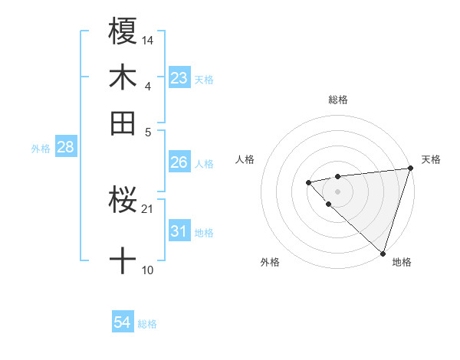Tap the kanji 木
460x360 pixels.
123,78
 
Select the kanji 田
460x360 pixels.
123,123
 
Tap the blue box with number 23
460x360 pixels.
179,78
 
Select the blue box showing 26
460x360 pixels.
179,162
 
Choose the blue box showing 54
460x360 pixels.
123,323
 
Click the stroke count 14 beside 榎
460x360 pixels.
148,39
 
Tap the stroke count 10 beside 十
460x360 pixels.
148,270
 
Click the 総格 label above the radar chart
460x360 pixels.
338,100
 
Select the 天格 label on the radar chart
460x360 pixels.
431,159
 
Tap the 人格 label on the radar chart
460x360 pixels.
245,159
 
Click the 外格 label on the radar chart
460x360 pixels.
270,262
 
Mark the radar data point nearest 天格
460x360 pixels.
410,169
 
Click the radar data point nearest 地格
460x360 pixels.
383,253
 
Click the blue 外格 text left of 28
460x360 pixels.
40,149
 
